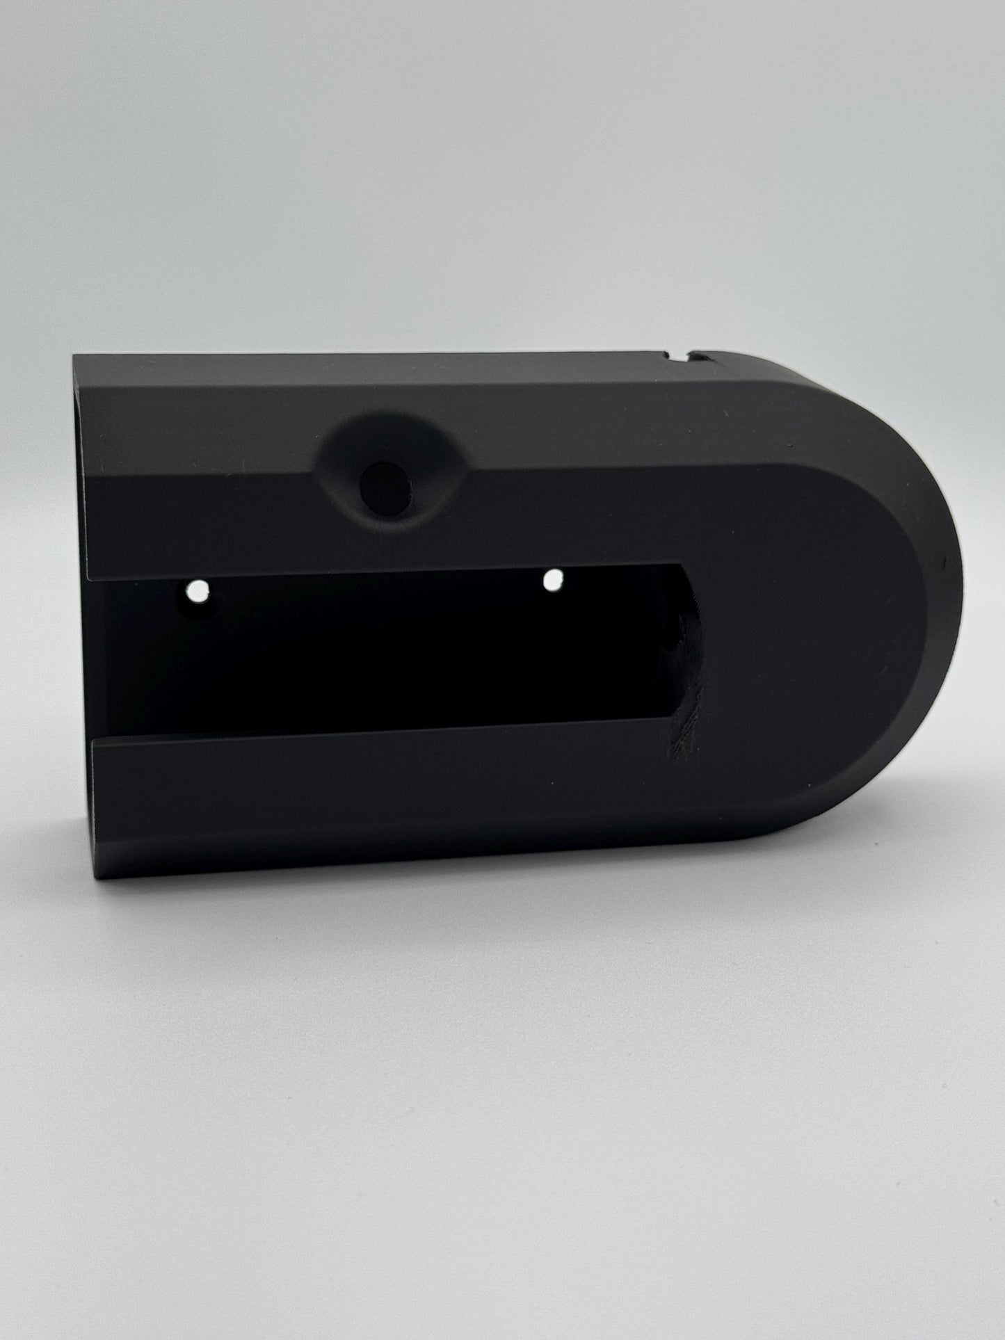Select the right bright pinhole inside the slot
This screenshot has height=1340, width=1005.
click(x=554, y=579)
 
